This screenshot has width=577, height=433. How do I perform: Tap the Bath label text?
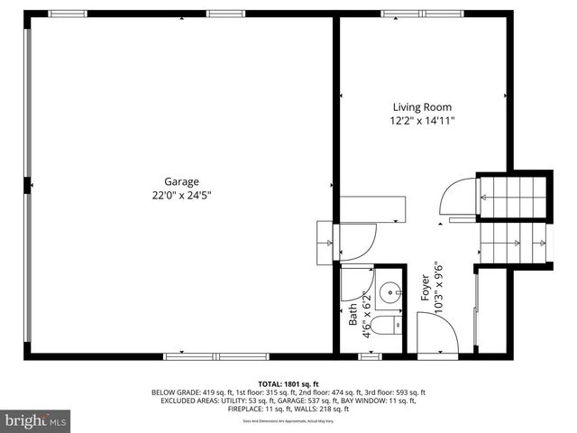point(353,314)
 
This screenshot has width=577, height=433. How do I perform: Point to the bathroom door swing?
point(353,287)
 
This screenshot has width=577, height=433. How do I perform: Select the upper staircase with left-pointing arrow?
point(513,195)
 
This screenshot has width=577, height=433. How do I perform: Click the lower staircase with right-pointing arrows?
point(514,242)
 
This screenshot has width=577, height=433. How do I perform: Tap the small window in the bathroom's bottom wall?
point(369,356)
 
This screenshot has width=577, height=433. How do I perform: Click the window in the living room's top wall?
point(409,14)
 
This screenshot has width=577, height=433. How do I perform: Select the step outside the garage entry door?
point(325,241)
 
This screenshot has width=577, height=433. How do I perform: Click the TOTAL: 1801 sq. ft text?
point(288,383)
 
